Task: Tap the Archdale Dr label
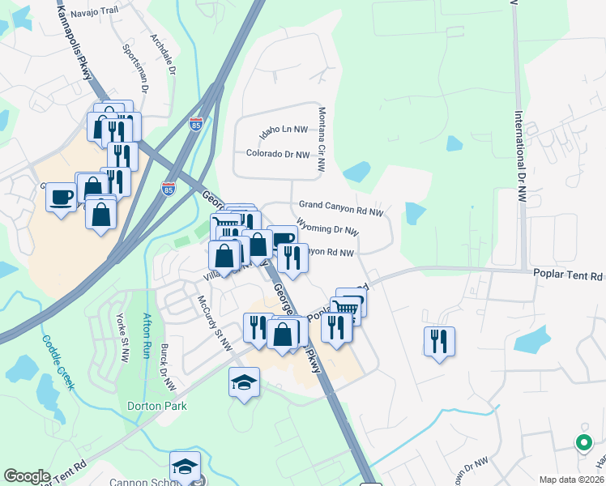coord(162,53)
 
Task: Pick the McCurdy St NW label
coord(215,323)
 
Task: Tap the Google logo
coord(28,476)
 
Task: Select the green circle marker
coord(583,442)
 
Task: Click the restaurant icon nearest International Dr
coord(439,341)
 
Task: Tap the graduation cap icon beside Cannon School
coord(185,467)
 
